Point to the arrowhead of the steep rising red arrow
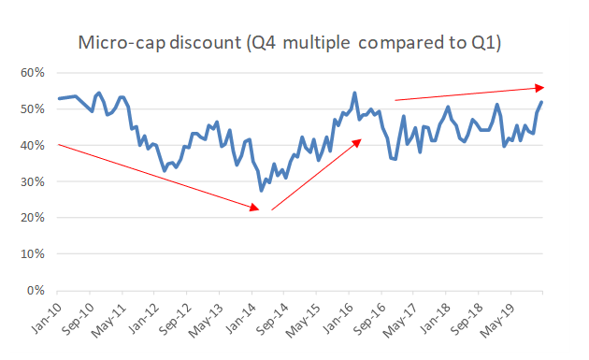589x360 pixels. [359, 141]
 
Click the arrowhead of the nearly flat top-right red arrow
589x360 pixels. [541, 88]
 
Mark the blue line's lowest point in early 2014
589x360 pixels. [261, 191]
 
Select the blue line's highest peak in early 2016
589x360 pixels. [354, 93]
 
